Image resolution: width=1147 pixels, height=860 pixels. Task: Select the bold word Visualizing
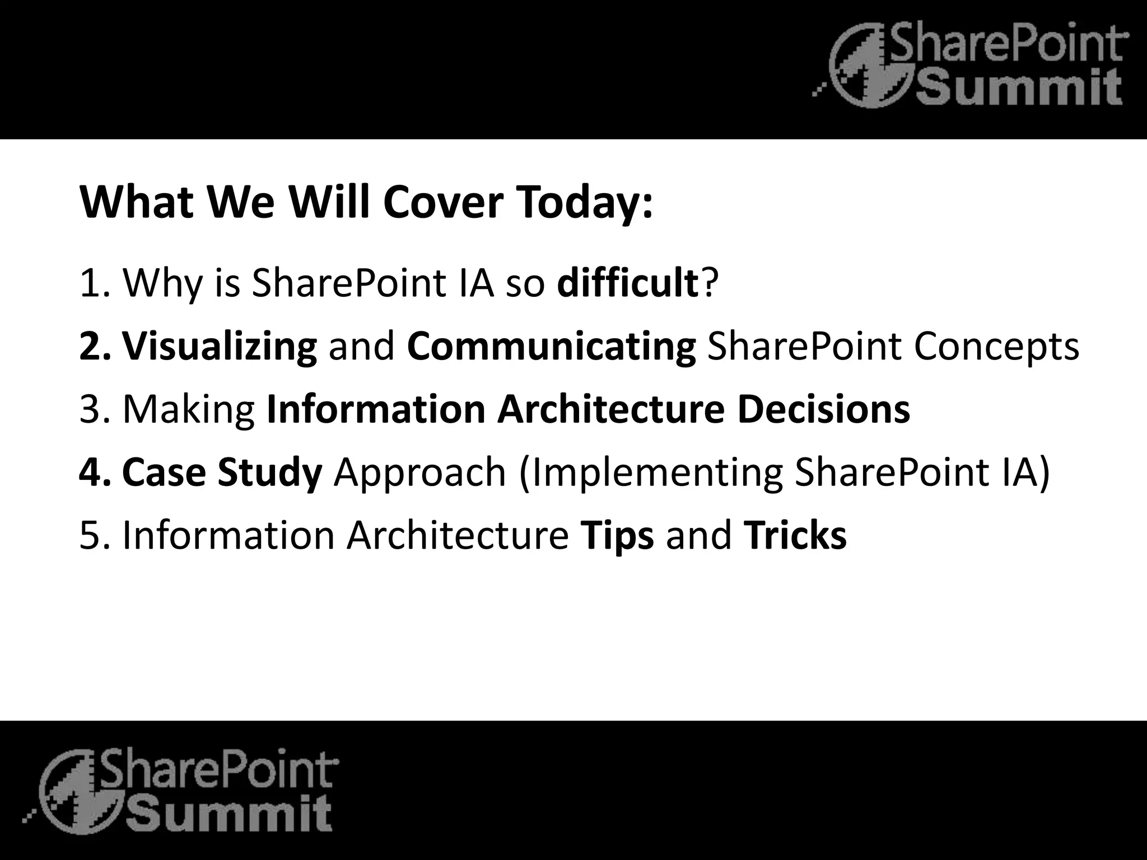coord(220,347)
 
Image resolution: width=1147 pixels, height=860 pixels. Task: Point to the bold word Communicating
coord(552,347)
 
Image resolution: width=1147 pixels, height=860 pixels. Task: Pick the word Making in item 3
coord(189,410)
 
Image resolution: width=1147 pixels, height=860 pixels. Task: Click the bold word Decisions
coord(823,410)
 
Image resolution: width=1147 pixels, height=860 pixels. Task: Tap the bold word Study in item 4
coord(269,472)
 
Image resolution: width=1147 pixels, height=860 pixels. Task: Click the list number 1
coord(90,284)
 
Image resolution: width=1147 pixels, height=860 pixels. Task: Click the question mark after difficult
coord(709,283)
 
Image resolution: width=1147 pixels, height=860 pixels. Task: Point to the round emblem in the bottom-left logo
coord(78,792)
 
